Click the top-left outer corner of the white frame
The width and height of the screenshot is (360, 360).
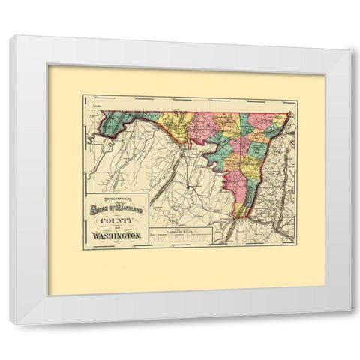pos(10,36)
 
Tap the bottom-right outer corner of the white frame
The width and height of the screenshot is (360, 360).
pos(349,324)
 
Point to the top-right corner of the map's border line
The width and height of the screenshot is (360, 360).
pos(297,95)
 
